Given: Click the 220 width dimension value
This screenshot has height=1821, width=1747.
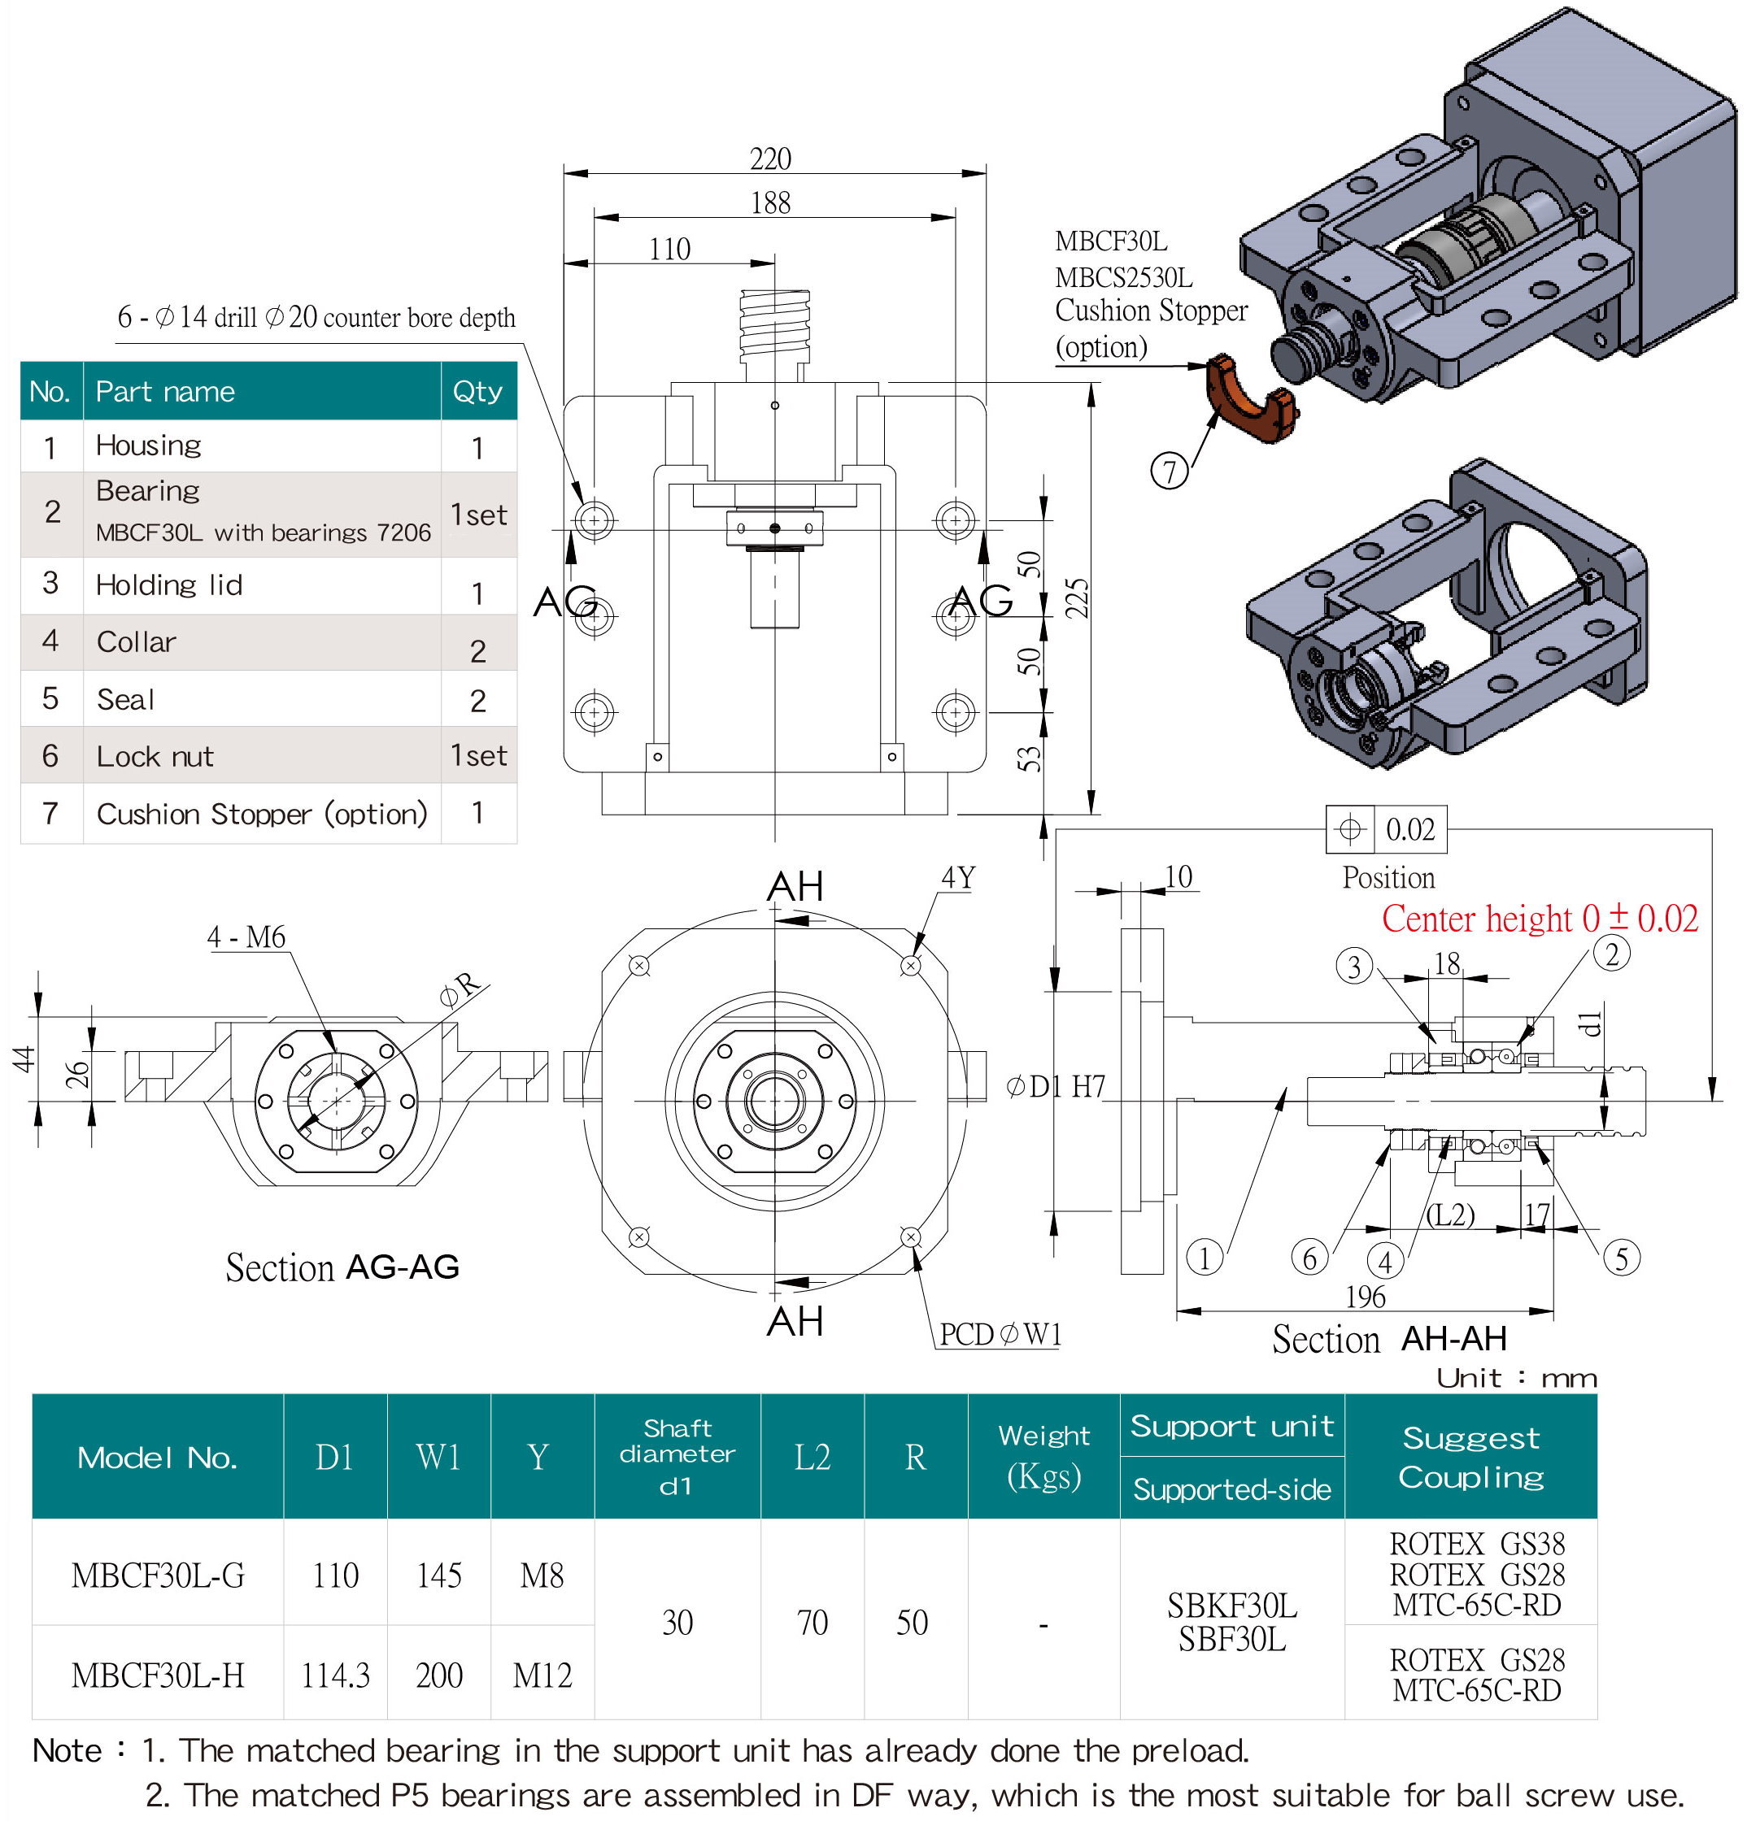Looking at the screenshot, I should (x=770, y=159).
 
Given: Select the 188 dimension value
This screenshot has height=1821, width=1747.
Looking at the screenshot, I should (x=770, y=202).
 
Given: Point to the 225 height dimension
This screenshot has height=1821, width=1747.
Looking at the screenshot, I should (x=1077, y=598).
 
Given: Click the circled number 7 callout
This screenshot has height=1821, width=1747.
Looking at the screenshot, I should (x=1169, y=470).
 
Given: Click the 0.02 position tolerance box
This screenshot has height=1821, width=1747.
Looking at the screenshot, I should (x=1409, y=828).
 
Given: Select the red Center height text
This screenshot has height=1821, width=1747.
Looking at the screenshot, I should (x=1539, y=919).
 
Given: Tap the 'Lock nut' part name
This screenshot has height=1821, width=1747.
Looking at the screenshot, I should (x=155, y=756).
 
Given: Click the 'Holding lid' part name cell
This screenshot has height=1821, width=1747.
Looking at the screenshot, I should (x=169, y=585).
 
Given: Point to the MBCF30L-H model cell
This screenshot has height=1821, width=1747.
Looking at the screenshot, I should (x=158, y=1675).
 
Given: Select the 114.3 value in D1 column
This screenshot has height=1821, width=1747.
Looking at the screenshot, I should (x=335, y=1675).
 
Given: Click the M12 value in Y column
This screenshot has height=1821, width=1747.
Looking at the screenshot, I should (x=542, y=1675).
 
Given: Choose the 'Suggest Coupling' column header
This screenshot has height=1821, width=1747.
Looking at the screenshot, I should (x=1471, y=1457).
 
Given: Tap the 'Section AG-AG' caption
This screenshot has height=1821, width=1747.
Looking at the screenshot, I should (x=342, y=1267).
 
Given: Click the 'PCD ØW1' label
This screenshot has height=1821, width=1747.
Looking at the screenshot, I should (x=1000, y=1334).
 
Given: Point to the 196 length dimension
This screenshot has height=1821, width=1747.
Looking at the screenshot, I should (x=1365, y=1296).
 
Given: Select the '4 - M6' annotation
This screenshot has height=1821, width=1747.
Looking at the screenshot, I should (x=246, y=937).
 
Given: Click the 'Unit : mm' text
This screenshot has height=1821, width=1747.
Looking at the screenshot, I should (x=1517, y=1377).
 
